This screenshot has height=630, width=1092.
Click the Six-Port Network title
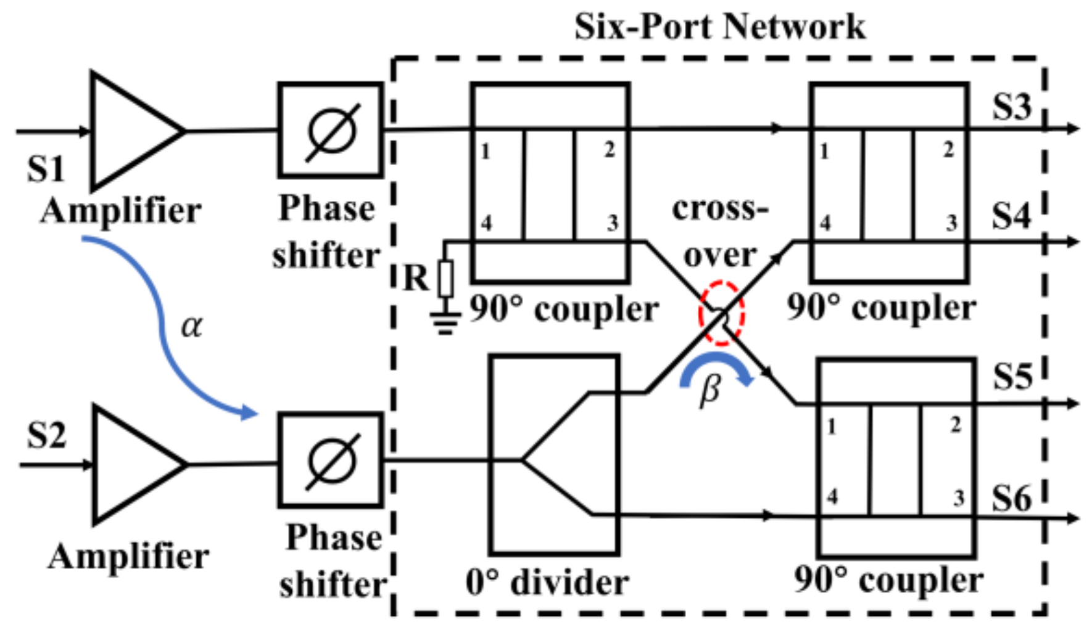[x=719, y=27]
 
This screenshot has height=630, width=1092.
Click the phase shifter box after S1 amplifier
[x=331, y=130]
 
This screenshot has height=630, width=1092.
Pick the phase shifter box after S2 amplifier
[x=331, y=460]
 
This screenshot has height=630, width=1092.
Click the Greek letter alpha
[x=191, y=326]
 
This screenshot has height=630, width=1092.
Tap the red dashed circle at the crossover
[x=721, y=313]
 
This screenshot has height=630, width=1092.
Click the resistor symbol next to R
[x=445, y=279]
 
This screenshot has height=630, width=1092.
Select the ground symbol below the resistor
[x=445, y=323]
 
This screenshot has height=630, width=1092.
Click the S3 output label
[x=1011, y=106]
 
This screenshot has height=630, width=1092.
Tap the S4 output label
[x=1011, y=216]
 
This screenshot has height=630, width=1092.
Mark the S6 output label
[x=1011, y=498]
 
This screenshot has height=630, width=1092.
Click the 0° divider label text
[x=547, y=583]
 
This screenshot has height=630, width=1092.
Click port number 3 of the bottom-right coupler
[x=958, y=497]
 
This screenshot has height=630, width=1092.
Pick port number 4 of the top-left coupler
[x=486, y=223]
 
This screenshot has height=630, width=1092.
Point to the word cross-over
[x=720, y=232]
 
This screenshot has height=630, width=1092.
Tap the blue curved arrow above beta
[x=716, y=366]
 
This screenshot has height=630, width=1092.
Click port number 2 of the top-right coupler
[x=948, y=150]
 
